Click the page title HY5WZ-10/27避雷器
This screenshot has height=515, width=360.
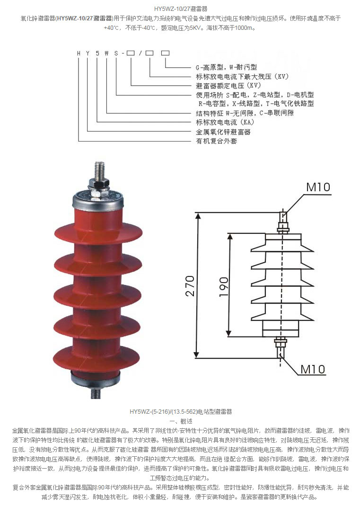point(180,9)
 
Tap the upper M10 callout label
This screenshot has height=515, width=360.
point(318,187)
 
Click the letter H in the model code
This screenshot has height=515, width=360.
point(79,53)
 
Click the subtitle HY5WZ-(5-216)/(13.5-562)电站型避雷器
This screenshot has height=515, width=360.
point(180,412)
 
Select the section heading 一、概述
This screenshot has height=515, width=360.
point(180,421)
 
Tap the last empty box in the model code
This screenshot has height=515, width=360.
point(165,53)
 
